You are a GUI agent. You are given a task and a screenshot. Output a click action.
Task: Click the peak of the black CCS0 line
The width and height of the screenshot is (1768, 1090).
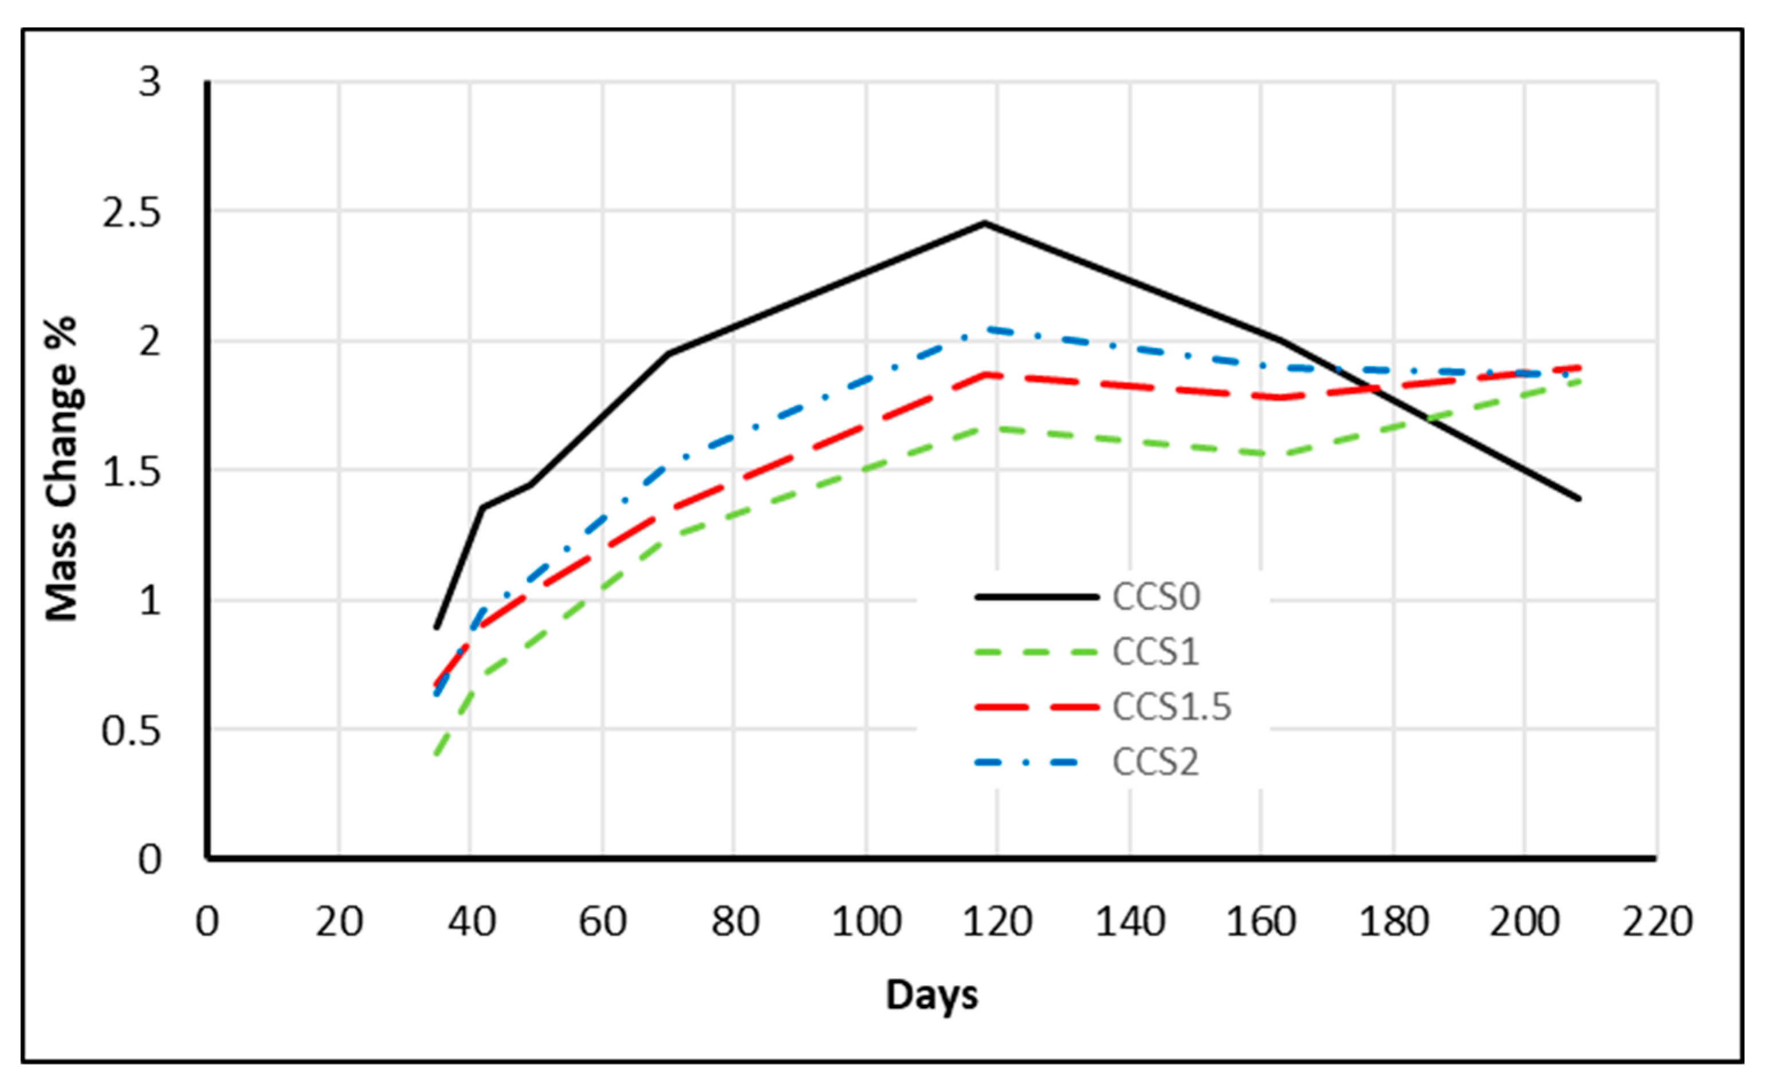pos(985,223)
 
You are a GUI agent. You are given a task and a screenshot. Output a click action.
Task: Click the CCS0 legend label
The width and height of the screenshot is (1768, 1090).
pos(1156,597)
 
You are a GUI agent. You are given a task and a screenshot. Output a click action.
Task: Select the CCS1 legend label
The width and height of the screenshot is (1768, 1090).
pos(1155,652)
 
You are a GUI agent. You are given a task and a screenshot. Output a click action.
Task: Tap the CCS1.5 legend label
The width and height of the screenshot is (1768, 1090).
pos(1172,707)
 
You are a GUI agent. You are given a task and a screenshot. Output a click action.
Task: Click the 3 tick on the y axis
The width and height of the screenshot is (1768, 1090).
pos(150,83)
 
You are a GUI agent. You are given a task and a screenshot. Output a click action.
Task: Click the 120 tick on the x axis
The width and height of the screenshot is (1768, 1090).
pos(998,921)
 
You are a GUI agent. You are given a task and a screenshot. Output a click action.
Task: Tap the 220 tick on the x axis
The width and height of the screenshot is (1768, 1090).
pos(1657,921)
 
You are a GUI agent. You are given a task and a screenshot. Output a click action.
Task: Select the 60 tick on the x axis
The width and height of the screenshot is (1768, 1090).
pos(603,921)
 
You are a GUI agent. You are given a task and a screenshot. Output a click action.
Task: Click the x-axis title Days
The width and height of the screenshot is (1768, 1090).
pos(932,995)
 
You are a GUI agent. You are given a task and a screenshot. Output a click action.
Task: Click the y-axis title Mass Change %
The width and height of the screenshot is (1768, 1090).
pos(62,469)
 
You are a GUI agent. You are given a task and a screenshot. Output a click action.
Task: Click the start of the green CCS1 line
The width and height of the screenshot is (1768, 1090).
pos(436,754)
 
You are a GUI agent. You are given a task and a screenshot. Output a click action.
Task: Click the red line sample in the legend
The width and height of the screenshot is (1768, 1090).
pos(1037,707)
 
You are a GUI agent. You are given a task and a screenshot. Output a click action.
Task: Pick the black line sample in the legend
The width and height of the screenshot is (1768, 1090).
pos(1037,597)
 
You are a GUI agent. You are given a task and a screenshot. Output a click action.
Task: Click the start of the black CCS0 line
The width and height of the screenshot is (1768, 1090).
pos(436,627)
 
